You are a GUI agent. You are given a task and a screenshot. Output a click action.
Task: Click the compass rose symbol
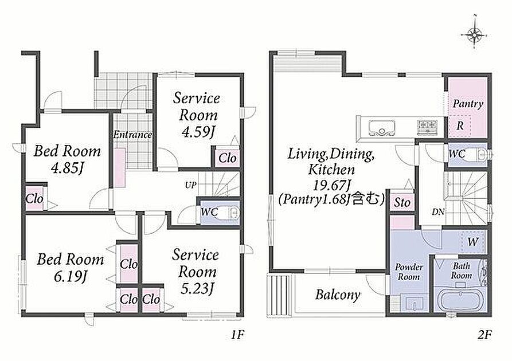pos(475,33)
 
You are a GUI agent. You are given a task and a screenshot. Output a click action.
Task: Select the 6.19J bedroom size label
pos(70,277)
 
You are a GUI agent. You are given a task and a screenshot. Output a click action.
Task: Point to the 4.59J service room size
pos(198,132)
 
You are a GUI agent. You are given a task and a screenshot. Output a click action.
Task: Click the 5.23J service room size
pos(197,289)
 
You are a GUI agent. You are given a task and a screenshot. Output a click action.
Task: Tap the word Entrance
pos(132,135)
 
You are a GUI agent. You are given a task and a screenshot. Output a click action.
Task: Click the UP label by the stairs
pos(191,186)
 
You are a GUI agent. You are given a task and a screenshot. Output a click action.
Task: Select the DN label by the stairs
pos(438,212)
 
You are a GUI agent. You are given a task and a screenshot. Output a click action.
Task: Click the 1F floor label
pos(238,335)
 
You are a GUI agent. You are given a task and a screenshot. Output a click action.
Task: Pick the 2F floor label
pos(484,335)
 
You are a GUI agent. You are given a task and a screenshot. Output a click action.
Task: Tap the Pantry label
pos(468,104)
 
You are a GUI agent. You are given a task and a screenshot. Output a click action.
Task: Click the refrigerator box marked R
pos(460,125)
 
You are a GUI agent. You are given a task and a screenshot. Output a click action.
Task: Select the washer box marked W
pos(472,242)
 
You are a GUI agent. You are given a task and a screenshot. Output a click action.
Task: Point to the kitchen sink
pos(382,128)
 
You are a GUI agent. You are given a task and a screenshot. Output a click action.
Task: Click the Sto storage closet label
pos(402,202)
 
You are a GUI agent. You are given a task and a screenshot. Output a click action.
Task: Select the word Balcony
pos(338,295)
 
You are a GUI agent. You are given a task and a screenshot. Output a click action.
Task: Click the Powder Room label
pos(409,272)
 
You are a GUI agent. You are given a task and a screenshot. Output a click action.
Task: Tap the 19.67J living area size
pos(332,186)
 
